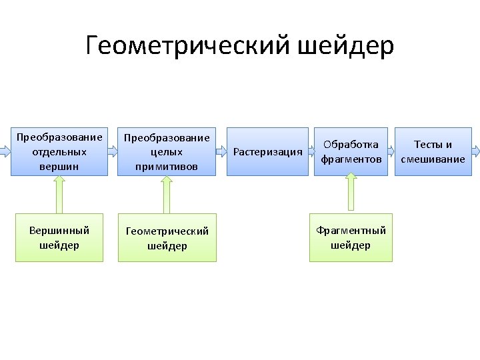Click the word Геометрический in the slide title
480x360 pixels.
click(187, 46)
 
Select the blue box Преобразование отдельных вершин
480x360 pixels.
click(59, 151)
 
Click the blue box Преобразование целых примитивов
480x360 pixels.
click(167, 151)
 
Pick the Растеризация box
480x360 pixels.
click(267, 151)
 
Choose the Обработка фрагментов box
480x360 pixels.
click(351, 151)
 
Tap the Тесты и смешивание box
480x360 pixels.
click(433, 151)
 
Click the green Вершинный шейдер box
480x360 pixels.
click(59, 237)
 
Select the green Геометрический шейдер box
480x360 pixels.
click(167, 237)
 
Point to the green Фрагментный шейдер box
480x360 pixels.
click(351, 237)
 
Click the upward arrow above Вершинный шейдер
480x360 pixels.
click(59, 195)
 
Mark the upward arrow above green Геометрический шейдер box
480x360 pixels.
click(167, 195)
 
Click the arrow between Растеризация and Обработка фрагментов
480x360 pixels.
click(311, 151)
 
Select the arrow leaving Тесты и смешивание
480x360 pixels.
click(475, 151)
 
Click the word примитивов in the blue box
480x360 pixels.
click(167, 166)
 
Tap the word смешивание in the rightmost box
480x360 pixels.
click(433, 159)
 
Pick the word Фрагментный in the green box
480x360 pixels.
click(351, 231)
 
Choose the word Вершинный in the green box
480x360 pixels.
click(59, 231)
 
